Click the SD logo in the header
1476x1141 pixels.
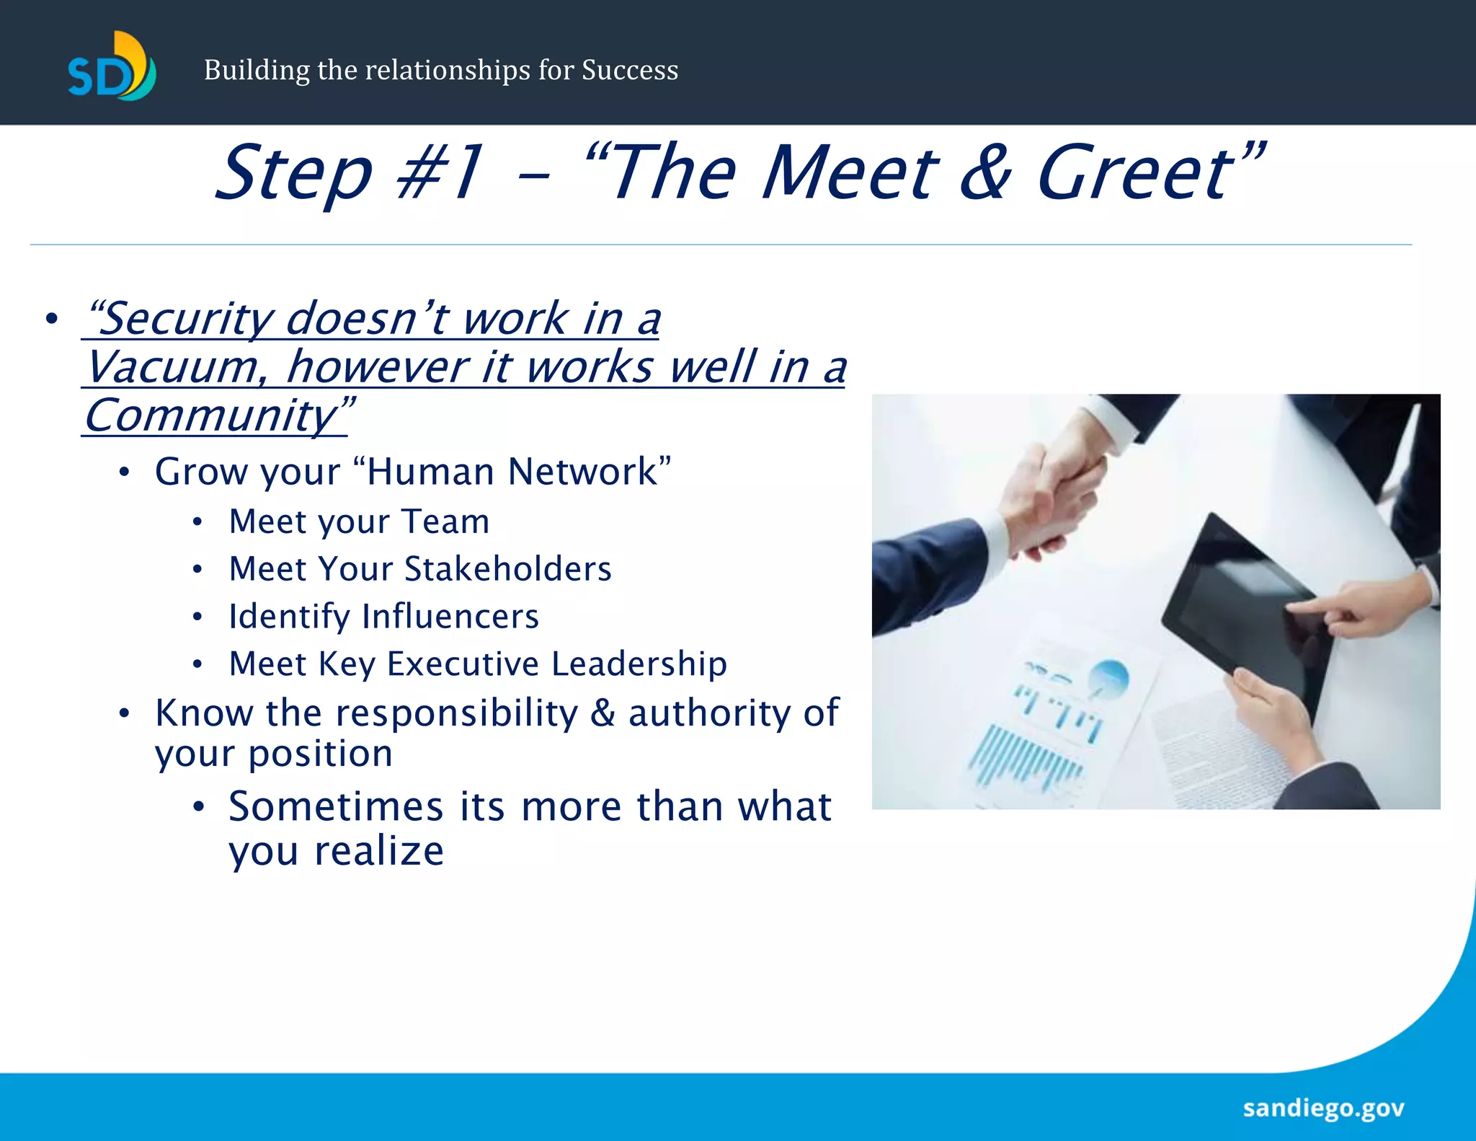point(112,67)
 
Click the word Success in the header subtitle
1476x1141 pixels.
point(630,70)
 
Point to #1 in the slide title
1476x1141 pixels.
point(440,173)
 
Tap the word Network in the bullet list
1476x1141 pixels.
point(582,472)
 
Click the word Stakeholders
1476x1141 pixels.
point(508,569)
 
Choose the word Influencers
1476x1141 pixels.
point(450,617)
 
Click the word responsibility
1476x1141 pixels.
point(457,713)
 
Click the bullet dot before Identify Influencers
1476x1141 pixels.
point(197,617)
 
